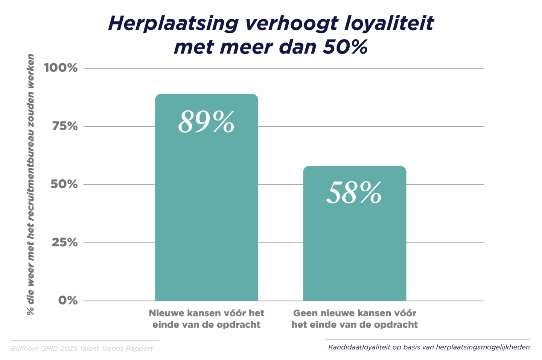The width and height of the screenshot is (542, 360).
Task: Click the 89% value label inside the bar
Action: pos(206,122)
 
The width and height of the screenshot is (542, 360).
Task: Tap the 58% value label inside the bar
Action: pos(354,193)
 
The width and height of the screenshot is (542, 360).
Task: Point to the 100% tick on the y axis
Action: pos(61,68)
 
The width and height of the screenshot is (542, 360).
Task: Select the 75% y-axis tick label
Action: pos(65,126)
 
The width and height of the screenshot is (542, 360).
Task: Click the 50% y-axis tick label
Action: pos(64,184)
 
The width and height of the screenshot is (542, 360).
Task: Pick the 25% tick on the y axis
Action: pos(65,242)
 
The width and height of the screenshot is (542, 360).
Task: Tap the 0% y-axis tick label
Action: pos(68,300)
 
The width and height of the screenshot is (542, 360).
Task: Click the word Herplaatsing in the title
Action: pos(173,23)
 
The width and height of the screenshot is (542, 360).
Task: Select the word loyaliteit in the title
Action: pos(389,23)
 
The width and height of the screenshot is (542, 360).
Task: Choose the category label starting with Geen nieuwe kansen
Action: pos(355,319)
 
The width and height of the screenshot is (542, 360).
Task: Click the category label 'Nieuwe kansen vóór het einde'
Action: pos(207,319)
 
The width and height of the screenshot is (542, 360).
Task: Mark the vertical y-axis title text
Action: pos(30,184)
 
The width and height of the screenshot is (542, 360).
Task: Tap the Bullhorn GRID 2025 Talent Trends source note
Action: pos(82,348)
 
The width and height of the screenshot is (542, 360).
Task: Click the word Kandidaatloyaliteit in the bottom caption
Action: pos(359,347)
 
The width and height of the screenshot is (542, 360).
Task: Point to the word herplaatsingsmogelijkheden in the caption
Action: pos(483,347)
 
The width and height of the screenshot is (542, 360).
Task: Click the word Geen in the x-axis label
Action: pos(305,313)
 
